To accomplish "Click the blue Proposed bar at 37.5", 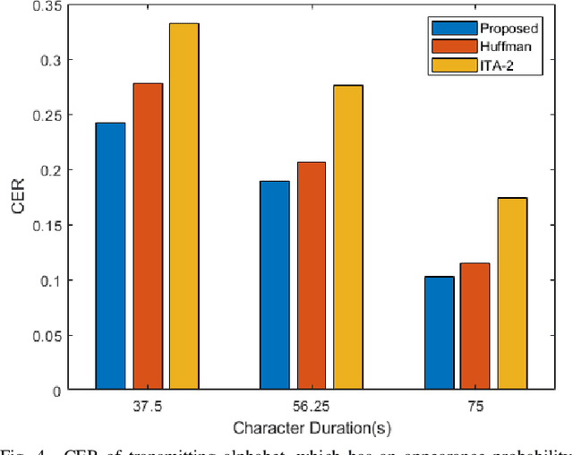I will (110, 256).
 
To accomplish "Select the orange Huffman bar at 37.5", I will (147, 236).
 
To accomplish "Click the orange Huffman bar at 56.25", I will (311, 276).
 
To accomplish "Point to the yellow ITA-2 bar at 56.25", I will (347, 237).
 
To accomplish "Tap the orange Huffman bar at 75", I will (475, 326).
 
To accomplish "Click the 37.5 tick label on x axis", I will (147, 406).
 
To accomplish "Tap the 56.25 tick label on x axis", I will (311, 406).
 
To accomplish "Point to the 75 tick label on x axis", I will (475, 406).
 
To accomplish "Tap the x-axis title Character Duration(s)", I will (311, 427).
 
